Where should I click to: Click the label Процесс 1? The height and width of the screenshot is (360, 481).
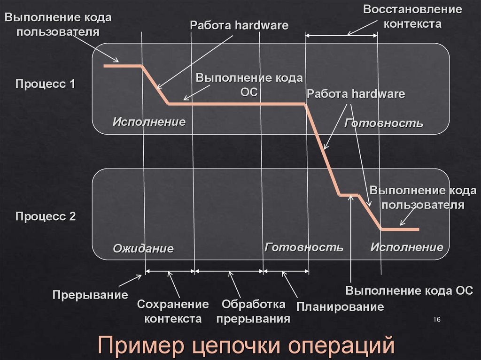pyautogui.click(x=45, y=84)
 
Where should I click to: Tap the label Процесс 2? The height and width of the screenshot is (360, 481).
pyautogui.click(x=45, y=217)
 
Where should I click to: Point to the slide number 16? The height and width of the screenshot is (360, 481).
pyautogui.click(x=436, y=320)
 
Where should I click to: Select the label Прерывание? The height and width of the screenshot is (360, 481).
pyautogui.click(x=90, y=295)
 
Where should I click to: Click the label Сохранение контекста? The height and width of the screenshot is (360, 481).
pyautogui.click(x=173, y=312)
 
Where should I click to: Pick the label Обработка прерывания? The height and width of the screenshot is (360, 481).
pyautogui.click(x=253, y=312)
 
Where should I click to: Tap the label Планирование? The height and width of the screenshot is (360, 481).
pyautogui.click(x=340, y=307)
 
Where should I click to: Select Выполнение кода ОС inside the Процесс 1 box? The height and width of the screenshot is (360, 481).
pyautogui.click(x=249, y=84)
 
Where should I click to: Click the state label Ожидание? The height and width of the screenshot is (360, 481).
pyautogui.click(x=143, y=248)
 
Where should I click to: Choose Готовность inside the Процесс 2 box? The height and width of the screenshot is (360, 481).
pyautogui.click(x=304, y=247)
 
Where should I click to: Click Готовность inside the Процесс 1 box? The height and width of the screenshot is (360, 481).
pyautogui.click(x=384, y=123)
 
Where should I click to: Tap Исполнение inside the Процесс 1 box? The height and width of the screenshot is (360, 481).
pyautogui.click(x=149, y=122)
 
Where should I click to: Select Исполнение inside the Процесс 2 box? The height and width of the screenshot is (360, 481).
pyautogui.click(x=407, y=247)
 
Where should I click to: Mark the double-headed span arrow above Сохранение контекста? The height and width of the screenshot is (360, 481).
pyautogui.click(x=170, y=271)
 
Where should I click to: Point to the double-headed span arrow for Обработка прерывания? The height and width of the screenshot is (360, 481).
pyautogui.click(x=229, y=271)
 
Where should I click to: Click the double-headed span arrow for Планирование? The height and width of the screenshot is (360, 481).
pyautogui.click(x=286, y=271)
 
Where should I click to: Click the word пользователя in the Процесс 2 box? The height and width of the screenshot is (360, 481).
pyautogui.click(x=423, y=205)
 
